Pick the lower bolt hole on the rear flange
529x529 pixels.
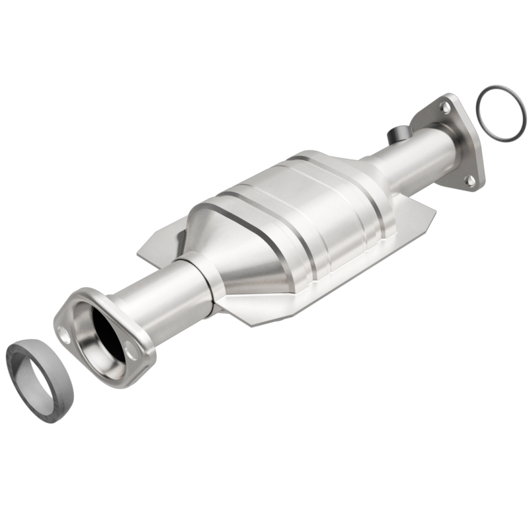coord(469,179)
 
